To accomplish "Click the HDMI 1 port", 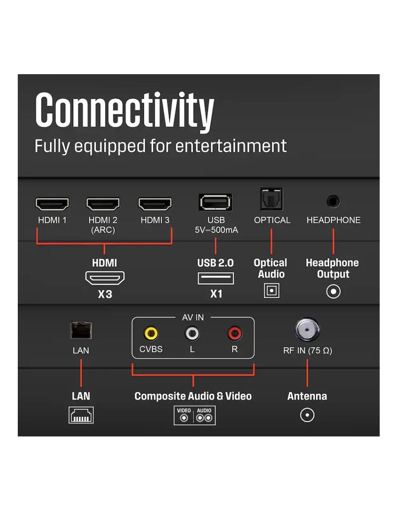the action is tap(52, 204).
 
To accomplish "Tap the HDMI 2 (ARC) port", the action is tap(103, 204).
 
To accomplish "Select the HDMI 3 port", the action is tap(155, 204).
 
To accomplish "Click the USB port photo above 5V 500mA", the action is tap(216, 202).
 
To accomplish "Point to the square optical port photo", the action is tap(271, 199).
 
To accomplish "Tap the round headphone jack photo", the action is tap(333, 201).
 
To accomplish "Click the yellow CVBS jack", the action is tap(151, 334).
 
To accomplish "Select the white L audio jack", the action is tap(192, 334).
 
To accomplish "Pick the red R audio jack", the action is tap(235, 334).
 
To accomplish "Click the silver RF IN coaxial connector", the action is tap(307, 330).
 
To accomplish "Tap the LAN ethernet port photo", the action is tap(81, 330).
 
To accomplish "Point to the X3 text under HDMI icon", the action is tap(105, 294).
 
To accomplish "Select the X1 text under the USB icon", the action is tap(216, 294).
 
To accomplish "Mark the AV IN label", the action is tap(193, 317).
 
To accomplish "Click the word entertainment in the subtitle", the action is tap(231, 146).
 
